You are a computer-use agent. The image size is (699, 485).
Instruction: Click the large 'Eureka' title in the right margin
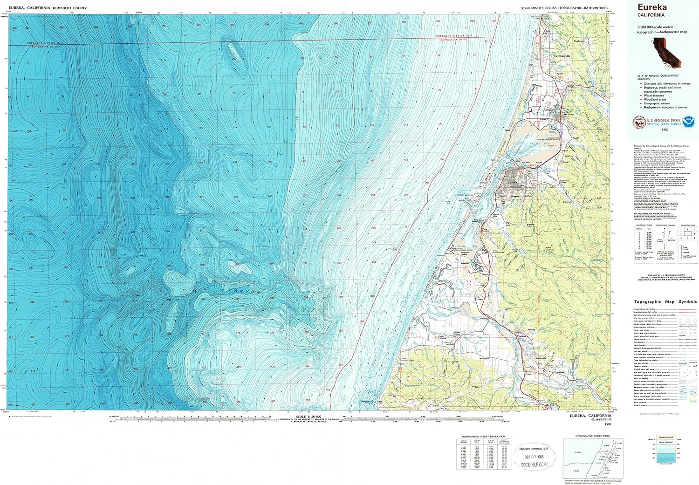[x=652, y=7]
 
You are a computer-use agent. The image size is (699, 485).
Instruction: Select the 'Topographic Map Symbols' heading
[x=665, y=301]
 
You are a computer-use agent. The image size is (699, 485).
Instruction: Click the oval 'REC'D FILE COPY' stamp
[x=535, y=457]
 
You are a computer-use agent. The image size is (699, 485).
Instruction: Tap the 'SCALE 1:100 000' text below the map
[x=308, y=417]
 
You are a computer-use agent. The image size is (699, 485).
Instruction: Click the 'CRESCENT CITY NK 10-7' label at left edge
[x=45, y=43]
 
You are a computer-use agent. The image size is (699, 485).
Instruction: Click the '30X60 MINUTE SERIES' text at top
[x=564, y=8]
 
